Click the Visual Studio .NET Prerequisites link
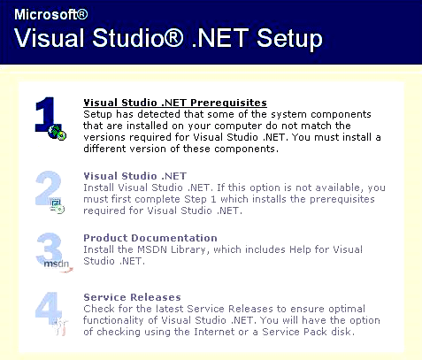[175, 103]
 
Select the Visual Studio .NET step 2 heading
[135, 176]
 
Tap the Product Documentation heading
[150, 238]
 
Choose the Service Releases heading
[132, 297]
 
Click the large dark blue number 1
[46, 114]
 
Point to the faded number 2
[48, 188]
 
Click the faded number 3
[50, 249]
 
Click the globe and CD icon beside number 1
[58, 133]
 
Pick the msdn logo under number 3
[58, 264]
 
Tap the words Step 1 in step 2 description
[200, 199]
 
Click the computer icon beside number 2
[57, 206]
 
